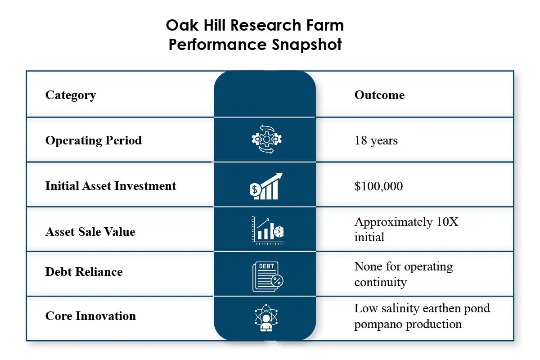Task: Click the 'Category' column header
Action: coord(71,95)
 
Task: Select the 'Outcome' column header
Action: coord(379,95)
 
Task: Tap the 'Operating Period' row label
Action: coord(94,140)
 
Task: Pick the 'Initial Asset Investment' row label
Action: coord(111,186)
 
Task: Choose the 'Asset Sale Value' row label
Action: coord(90,232)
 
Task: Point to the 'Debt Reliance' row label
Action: coord(84,272)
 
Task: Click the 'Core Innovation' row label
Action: coord(90,316)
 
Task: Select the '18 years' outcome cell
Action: coord(376,140)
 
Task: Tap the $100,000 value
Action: coord(378,186)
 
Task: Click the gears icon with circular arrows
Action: coord(266,139)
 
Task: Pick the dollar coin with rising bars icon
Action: coord(266,186)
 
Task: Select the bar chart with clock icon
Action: coord(268,230)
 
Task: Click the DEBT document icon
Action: coord(268,277)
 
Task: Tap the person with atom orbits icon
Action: coord(266,318)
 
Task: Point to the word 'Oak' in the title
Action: coord(182,25)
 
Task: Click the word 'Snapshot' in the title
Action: coord(307,45)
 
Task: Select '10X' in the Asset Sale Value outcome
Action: coord(447,222)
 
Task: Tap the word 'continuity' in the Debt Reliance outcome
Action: coord(380,282)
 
